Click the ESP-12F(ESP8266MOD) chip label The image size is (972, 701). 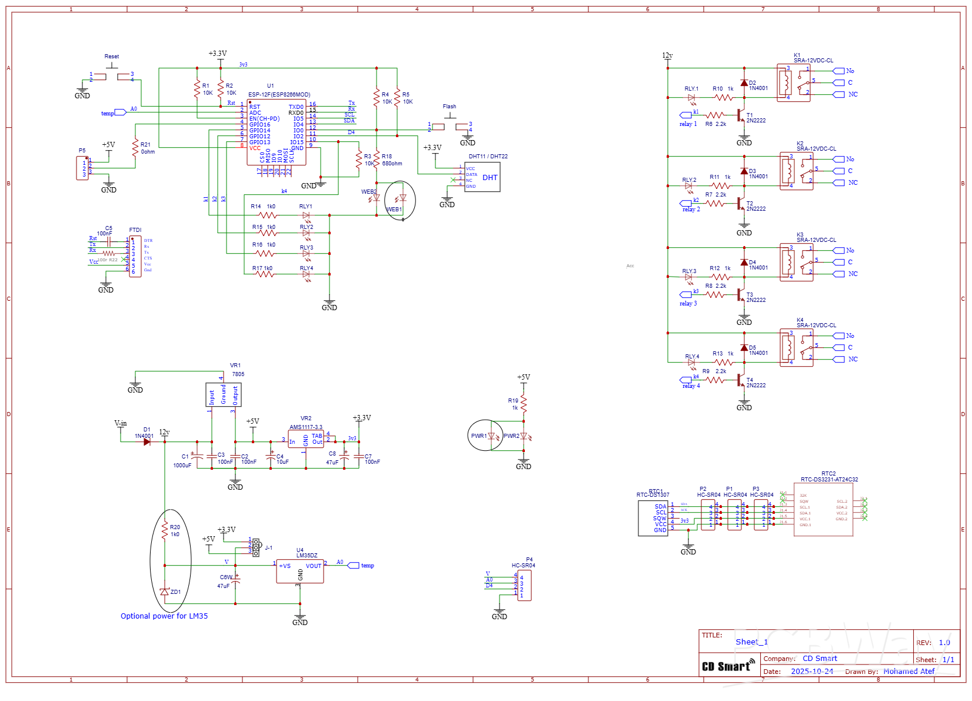279,94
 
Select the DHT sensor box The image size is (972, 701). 482,177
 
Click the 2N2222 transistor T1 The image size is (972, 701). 741,115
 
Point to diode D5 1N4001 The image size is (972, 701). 744,348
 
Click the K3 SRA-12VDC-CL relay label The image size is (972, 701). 816,240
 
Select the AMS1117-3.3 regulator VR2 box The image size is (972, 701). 305,439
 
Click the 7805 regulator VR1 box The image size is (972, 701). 223,394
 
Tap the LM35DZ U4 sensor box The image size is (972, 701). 299,571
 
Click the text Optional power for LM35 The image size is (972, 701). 164,616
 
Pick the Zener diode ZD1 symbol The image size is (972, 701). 165,592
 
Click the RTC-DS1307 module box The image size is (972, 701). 653,518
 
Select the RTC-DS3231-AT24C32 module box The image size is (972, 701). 823,509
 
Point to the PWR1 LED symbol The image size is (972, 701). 491,436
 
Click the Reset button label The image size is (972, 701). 112,57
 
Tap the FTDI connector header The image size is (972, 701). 135,257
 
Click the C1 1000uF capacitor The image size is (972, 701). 198,457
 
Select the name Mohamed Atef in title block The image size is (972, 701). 908,672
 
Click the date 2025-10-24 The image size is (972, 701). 812,672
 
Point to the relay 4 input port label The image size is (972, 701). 691,386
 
